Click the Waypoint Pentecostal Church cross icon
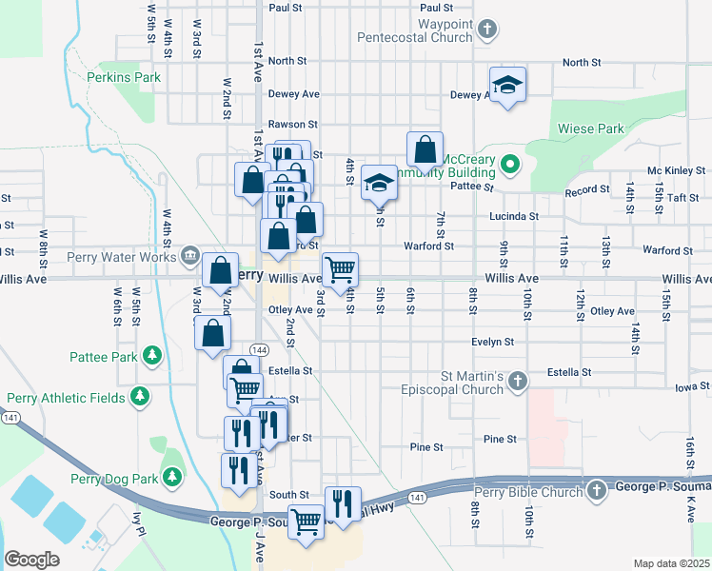pyautogui.click(x=486, y=30)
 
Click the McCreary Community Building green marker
pyautogui.click(x=509, y=166)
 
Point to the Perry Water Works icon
pyautogui.click(x=189, y=256)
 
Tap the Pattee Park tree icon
pyautogui.click(x=150, y=356)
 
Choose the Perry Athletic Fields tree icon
pyautogui.click(x=140, y=396)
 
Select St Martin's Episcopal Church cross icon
pyautogui.click(x=517, y=382)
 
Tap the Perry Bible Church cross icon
pyautogui.click(x=596, y=491)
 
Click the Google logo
pyautogui.click(x=31, y=559)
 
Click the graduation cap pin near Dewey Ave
pyautogui.click(x=508, y=85)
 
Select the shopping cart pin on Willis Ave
pyautogui.click(x=340, y=270)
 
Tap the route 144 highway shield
pyautogui.click(x=258, y=351)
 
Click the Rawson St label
pyautogui.click(x=292, y=124)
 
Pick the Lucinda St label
pyautogui.click(x=514, y=216)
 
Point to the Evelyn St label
pyautogui.click(x=492, y=342)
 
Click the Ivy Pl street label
pyautogui.click(x=138, y=522)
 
